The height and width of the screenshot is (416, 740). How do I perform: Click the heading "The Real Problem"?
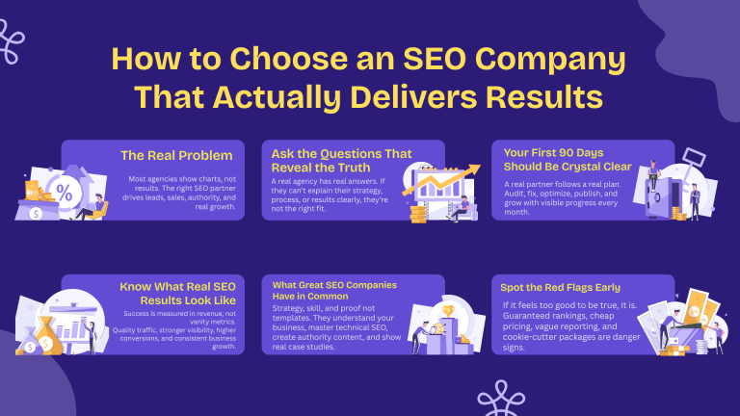(176, 154)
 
